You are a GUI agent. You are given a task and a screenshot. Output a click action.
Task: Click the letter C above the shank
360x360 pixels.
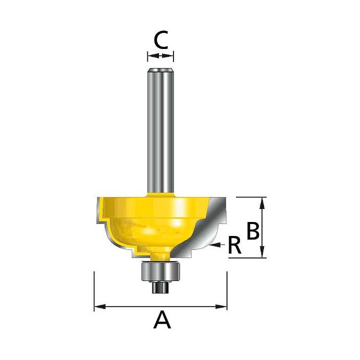pos(160,40)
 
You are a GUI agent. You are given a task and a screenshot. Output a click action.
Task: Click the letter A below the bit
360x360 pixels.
pos(162,319)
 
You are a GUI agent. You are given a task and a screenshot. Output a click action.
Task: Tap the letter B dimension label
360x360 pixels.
pos(253,230)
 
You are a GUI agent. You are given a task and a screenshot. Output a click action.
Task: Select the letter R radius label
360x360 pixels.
pos(235,245)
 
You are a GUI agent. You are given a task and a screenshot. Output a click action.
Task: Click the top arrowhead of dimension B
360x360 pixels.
pos(261,203)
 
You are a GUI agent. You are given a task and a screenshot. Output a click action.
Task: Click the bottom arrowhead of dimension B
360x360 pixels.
pos(261,252)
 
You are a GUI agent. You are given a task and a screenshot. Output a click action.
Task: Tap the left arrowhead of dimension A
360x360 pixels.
pos(100,306)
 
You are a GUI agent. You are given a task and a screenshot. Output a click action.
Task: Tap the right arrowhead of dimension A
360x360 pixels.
pos(221,306)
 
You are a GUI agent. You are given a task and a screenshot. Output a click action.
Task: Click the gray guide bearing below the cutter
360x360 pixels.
pos(160,271)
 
